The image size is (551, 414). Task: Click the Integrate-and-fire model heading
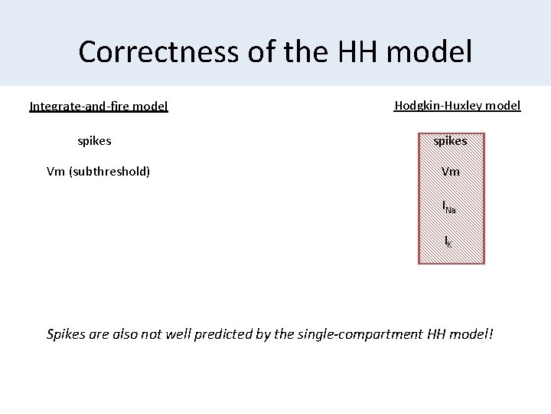(99, 107)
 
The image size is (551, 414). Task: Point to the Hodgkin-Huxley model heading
(458, 106)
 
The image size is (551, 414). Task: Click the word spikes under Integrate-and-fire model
(95, 141)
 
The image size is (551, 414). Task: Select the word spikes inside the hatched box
(451, 141)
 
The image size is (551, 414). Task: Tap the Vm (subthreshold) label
(99, 172)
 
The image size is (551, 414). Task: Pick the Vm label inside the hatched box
(451, 172)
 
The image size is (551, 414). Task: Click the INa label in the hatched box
(450, 206)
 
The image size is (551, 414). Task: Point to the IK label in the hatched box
(449, 242)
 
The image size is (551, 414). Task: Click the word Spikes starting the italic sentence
(68, 334)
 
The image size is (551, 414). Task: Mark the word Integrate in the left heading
(55, 107)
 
